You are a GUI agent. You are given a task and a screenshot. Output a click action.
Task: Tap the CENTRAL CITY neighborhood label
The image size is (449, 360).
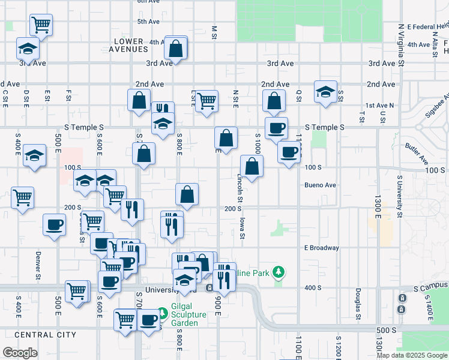pos(45,334)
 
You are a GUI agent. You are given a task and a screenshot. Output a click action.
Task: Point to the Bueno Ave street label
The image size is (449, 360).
pos(320,185)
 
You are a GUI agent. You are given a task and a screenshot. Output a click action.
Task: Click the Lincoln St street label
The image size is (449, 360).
pos(240,187)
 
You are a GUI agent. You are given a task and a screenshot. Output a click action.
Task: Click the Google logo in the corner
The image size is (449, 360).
pos(20,353)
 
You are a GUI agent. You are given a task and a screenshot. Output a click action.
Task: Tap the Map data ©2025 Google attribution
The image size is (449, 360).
pos(412,355)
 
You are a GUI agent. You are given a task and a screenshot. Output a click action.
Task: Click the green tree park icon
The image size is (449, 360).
pos(278,272)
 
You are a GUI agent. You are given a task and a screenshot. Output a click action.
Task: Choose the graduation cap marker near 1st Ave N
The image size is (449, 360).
pos(325,92)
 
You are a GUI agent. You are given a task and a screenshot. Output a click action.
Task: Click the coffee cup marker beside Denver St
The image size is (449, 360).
pos(55,225)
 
